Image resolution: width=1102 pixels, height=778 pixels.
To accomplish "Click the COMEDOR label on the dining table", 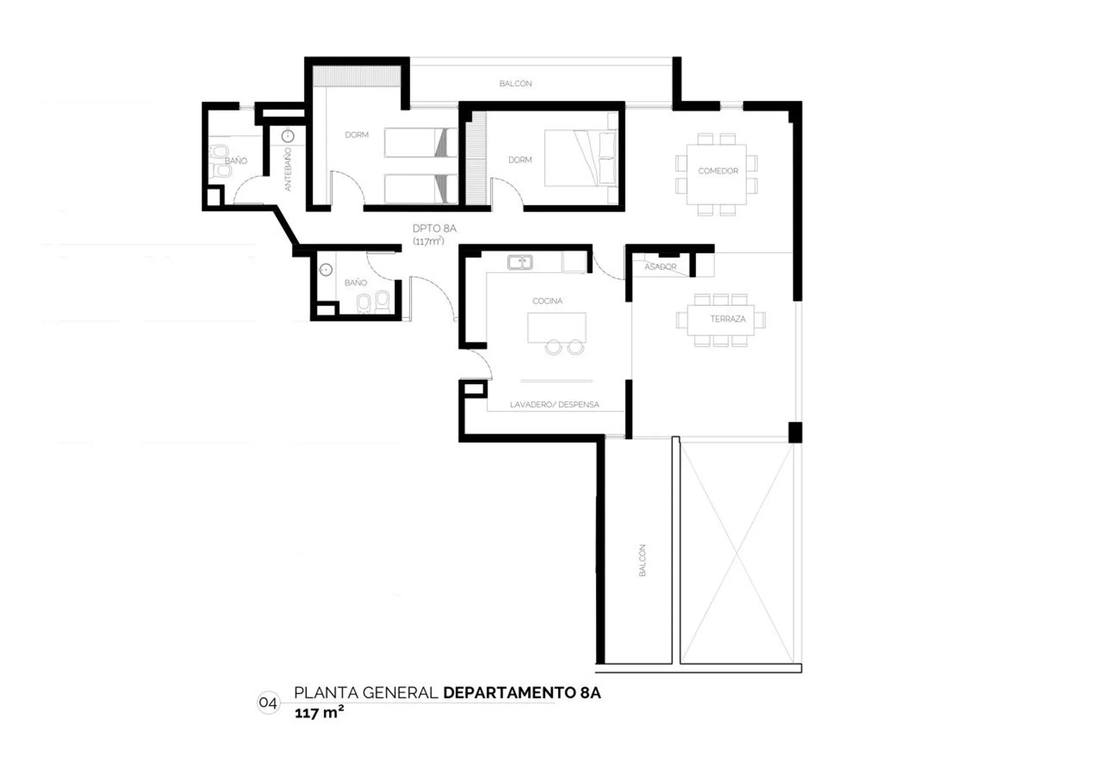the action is [718, 171].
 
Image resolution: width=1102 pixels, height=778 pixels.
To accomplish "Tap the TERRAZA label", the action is [728, 319].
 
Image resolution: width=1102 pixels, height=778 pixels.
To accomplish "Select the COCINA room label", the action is [548, 301].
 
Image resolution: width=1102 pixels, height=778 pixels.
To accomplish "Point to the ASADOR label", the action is [661, 267].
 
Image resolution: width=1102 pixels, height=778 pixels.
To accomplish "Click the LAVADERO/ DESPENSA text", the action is [554, 404].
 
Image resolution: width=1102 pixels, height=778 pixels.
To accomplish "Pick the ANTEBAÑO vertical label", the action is [288, 169].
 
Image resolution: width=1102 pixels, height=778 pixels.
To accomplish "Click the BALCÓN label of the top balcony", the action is [515, 84].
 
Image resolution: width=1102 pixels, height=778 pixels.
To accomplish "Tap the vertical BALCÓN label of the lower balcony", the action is [642, 560].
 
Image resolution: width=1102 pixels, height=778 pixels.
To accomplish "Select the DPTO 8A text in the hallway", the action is [434, 228].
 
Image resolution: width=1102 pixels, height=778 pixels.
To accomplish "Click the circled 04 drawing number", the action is [268, 703].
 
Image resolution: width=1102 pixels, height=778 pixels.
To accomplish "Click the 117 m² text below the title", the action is [319, 713].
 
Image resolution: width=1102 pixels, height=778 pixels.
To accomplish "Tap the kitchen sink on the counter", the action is [520, 263].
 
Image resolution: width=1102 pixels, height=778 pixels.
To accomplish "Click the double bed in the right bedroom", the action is [581, 158].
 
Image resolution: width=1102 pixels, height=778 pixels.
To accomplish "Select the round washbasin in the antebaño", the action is [288, 137].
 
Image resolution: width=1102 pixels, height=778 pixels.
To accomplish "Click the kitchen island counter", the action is [557, 328].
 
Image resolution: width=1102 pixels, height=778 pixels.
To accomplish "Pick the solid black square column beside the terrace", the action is [795, 433].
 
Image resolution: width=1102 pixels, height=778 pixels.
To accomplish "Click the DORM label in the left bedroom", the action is [356, 135].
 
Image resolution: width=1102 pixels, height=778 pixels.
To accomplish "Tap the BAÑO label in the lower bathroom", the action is [356, 283].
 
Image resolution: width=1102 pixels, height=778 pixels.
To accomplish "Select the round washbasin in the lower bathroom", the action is [326, 270].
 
